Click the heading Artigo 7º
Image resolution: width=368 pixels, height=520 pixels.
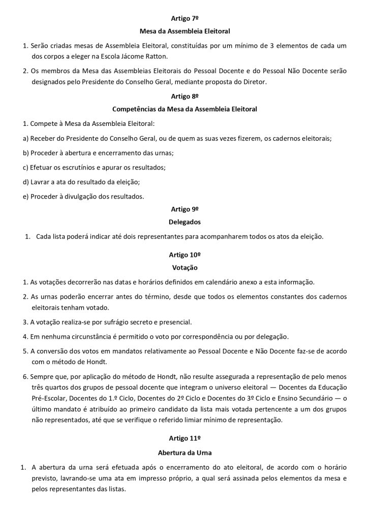(x=183, y=19)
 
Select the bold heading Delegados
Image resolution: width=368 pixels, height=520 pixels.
(x=183, y=222)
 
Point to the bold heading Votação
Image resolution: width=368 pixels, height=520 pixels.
(x=183, y=267)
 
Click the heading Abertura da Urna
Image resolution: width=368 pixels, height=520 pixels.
(x=183, y=450)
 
